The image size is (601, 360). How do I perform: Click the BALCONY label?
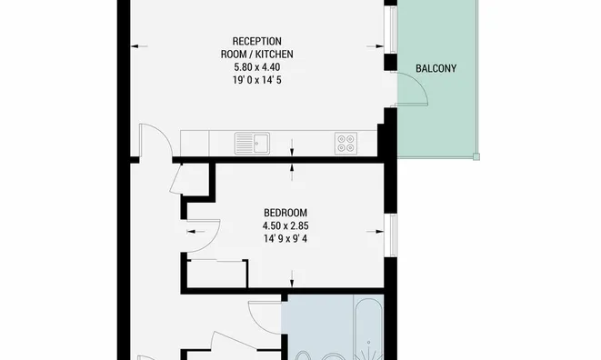click(436, 68)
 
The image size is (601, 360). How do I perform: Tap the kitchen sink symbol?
click(252, 144)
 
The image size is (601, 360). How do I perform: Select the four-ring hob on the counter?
click(346, 144)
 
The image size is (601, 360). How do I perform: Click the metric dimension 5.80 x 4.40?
click(256, 67)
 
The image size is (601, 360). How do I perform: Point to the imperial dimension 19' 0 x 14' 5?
click(256, 80)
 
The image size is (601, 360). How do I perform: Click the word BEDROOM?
click(285, 213)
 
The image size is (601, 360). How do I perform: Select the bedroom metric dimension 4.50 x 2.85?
click(285, 225)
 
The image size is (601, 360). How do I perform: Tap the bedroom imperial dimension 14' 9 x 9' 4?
click(285, 239)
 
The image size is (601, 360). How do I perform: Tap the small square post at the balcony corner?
click(476, 156)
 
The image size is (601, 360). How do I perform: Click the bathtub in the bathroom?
click(368, 329)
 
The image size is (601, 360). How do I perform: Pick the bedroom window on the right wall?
click(392, 235)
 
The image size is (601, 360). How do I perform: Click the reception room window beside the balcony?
click(393, 30)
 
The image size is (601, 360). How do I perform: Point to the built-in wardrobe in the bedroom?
click(217, 274)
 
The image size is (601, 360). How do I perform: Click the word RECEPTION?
click(256, 41)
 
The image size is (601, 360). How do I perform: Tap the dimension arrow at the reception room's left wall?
click(139, 46)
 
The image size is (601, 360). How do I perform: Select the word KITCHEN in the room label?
click(275, 54)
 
